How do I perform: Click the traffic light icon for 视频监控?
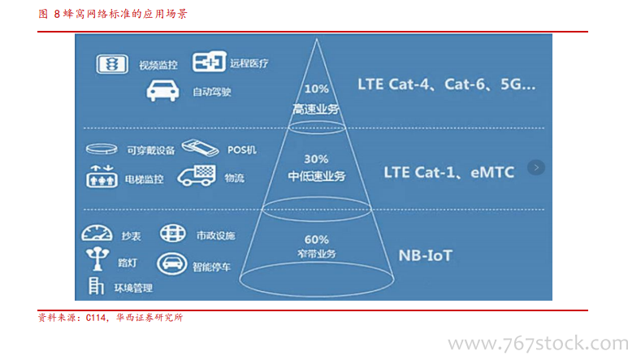pos(112,64)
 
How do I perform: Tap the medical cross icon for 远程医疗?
pos(209,61)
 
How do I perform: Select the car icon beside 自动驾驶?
pos(162,90)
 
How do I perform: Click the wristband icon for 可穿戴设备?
pos(102,149)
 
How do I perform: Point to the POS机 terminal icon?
pos(200,147)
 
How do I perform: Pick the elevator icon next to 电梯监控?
pos(102,176)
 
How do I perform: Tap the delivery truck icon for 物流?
pos(197,176)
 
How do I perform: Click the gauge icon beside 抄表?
pos(97,233)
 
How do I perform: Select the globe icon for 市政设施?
pos(172,233)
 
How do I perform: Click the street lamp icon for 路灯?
pos(97,258)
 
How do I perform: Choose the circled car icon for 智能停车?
pos(171,264)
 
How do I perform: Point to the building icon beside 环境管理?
pos(96,286)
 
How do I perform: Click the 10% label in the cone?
pos(316,89)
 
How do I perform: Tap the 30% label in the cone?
pos(316,159)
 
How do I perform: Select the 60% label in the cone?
pos(316,240)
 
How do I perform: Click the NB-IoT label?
pos(426,255)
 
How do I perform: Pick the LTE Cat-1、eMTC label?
pos(449,172)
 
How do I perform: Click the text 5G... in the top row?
pos(518,85)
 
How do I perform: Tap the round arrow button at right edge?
pos(536,167)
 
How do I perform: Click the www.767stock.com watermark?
pos(538,344)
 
